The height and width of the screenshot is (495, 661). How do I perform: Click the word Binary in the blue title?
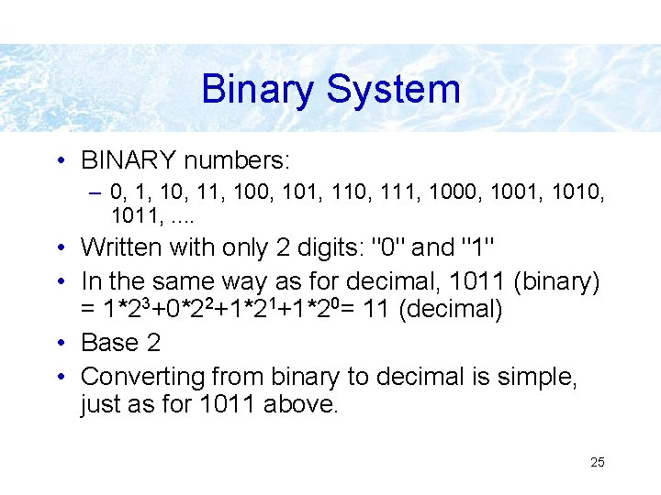257,90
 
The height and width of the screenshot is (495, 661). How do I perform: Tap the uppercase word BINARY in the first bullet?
129,161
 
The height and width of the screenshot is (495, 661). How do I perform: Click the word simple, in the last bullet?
532,377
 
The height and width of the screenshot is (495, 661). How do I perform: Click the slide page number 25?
597,462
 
